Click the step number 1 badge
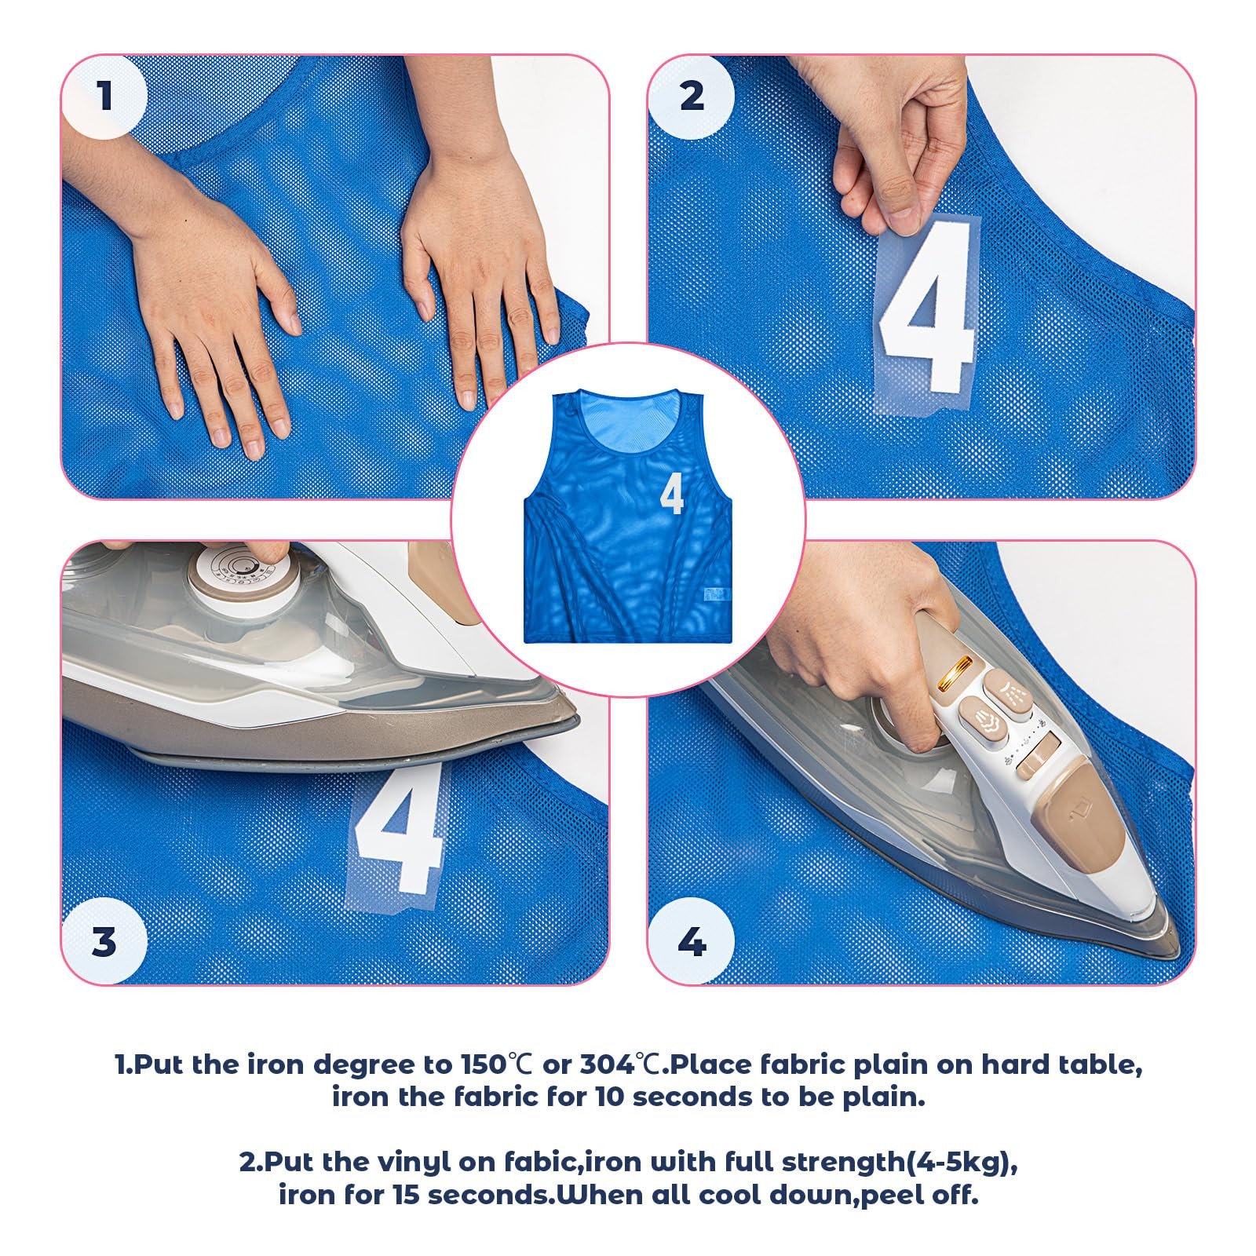pyautogui.click(x=104, y=97)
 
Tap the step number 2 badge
pyautogui.click(x=692, y=97)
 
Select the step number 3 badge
pyautogui.click(x=104, y=941)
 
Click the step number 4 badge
pyautogui.click(x=692, y=941)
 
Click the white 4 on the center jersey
pyautogui.click(x=672, y=493)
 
